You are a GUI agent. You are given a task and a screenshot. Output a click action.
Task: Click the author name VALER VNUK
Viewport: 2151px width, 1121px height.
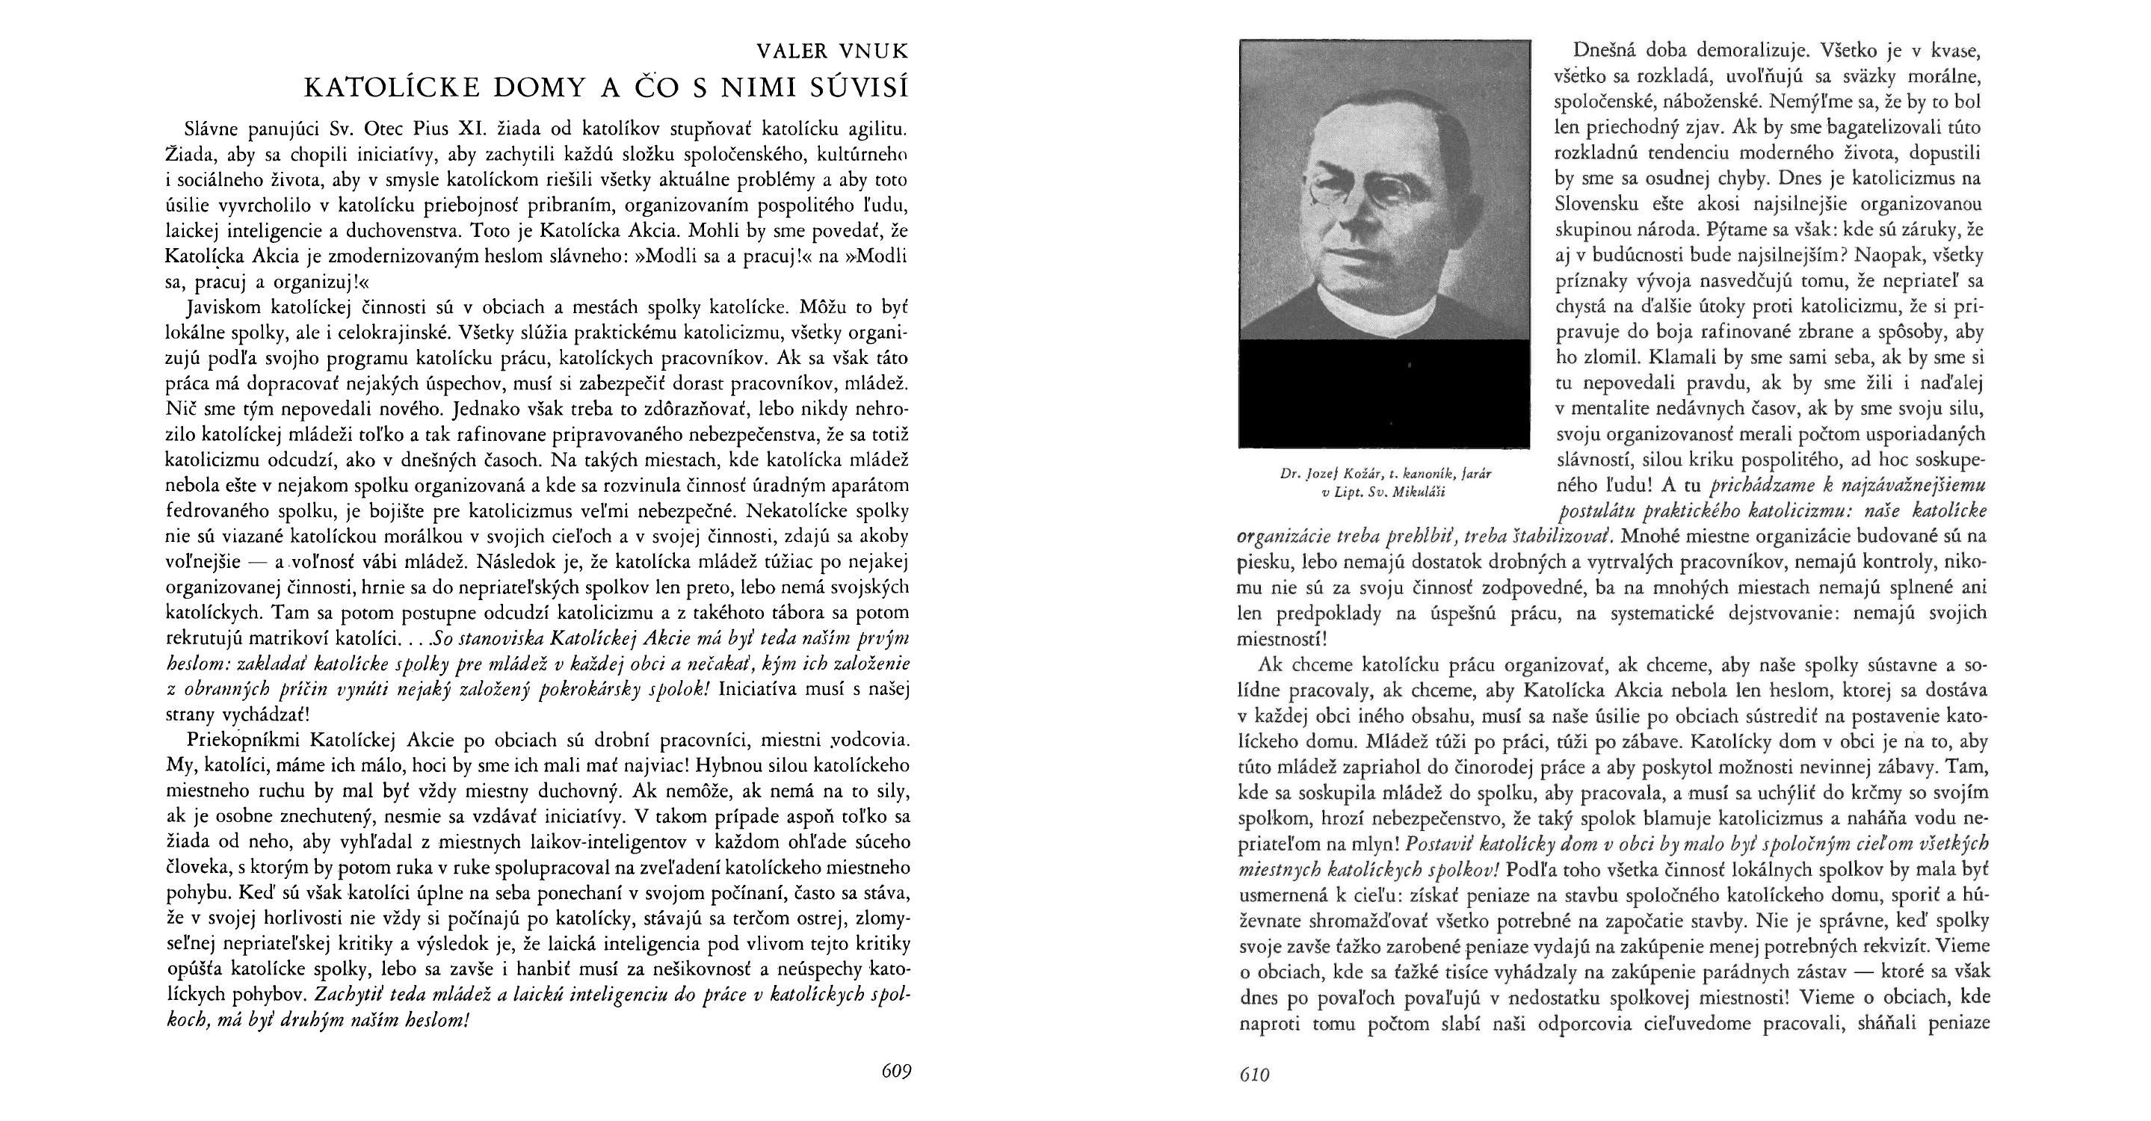[832, 52]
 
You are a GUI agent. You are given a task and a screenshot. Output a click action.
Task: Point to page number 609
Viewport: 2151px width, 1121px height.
[896, 1071]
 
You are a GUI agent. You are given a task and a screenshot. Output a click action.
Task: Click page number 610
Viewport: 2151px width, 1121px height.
[1254, 1075]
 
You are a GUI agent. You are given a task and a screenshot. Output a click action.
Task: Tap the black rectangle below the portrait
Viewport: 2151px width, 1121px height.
[1384, 392]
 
